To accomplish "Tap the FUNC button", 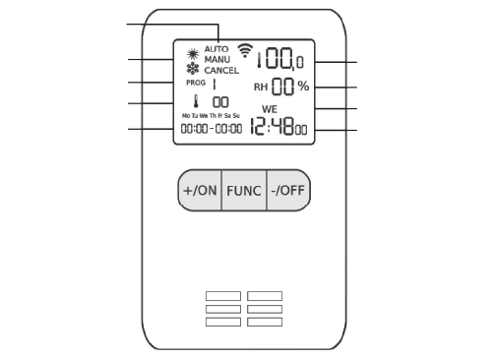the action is [244, 190].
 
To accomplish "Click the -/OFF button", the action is [288, 190].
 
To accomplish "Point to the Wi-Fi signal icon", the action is [245, 50].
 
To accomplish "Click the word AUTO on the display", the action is [217, 49].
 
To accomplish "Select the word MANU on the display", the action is [217, 60].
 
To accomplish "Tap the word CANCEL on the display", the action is [221, 71].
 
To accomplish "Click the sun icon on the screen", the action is [193, 53].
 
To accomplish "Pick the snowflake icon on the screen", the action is [193, 69].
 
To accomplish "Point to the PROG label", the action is [196, 83].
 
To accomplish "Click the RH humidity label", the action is [261, 88].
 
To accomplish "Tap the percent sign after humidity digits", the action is [303, 87].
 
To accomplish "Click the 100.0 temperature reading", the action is [280, 59].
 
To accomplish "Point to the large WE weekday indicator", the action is [270, 109].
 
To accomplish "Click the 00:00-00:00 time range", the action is [212, 128].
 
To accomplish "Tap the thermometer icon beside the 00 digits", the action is [196, 101].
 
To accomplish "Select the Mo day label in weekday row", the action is [186, 116].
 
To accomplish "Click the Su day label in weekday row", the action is [236, 116].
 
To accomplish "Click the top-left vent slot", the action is [223, 296].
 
